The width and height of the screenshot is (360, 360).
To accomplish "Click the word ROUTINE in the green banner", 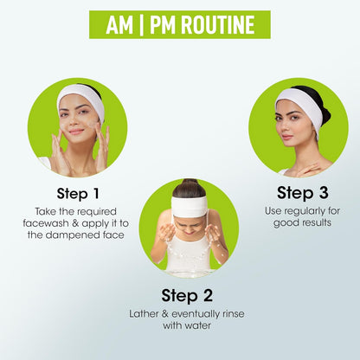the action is pos(218,25).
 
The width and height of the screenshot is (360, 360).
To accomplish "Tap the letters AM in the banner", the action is pos(119,25).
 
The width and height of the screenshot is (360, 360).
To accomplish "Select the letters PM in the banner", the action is pos(163,25).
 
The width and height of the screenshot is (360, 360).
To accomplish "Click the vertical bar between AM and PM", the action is pos(141,25).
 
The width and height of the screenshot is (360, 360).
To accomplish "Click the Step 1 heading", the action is pos(78,193).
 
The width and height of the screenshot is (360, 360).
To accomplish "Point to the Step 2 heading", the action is pos(187,295).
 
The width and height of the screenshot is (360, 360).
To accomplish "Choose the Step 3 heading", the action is pos(303,192).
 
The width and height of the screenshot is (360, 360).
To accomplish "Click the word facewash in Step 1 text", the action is pos(46,223).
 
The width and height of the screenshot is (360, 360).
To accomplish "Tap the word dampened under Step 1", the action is pos(73,235).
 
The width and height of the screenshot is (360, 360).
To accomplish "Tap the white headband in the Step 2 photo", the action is pos(190,206).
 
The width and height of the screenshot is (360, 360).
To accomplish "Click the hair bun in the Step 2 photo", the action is pos(190,183).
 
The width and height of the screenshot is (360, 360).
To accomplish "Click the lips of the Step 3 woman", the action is pos(286,137).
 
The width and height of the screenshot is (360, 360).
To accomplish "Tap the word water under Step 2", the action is pos(197,325).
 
